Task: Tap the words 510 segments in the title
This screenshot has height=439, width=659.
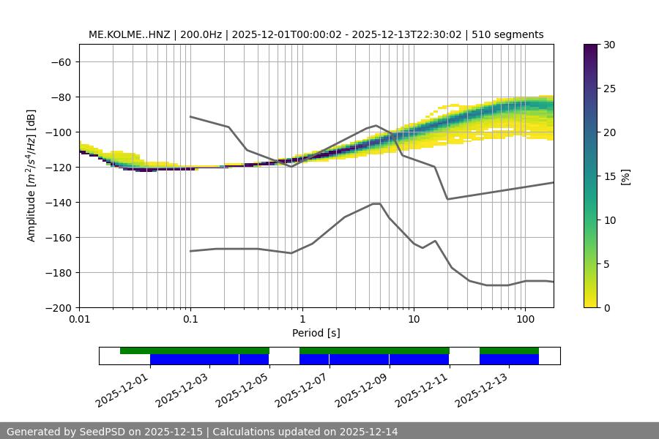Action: tap(507, 34)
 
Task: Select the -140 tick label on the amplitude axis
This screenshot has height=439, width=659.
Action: tap(57, 202)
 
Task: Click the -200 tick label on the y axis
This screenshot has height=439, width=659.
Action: tap(57, 307)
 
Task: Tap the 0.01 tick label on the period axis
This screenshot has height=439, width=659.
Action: tap(79, 320)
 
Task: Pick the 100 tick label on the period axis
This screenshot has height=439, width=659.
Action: tap(524, 320)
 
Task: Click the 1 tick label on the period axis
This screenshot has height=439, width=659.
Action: tap(302, 320)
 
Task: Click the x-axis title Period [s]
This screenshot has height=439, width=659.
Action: tap(316, 333)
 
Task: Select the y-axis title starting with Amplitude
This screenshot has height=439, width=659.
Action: tap(31, 176)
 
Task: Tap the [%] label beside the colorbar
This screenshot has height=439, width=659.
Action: tap(625, 176)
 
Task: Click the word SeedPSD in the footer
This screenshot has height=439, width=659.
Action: tap(99, 432)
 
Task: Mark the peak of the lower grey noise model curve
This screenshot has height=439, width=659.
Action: tap(376, 203)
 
